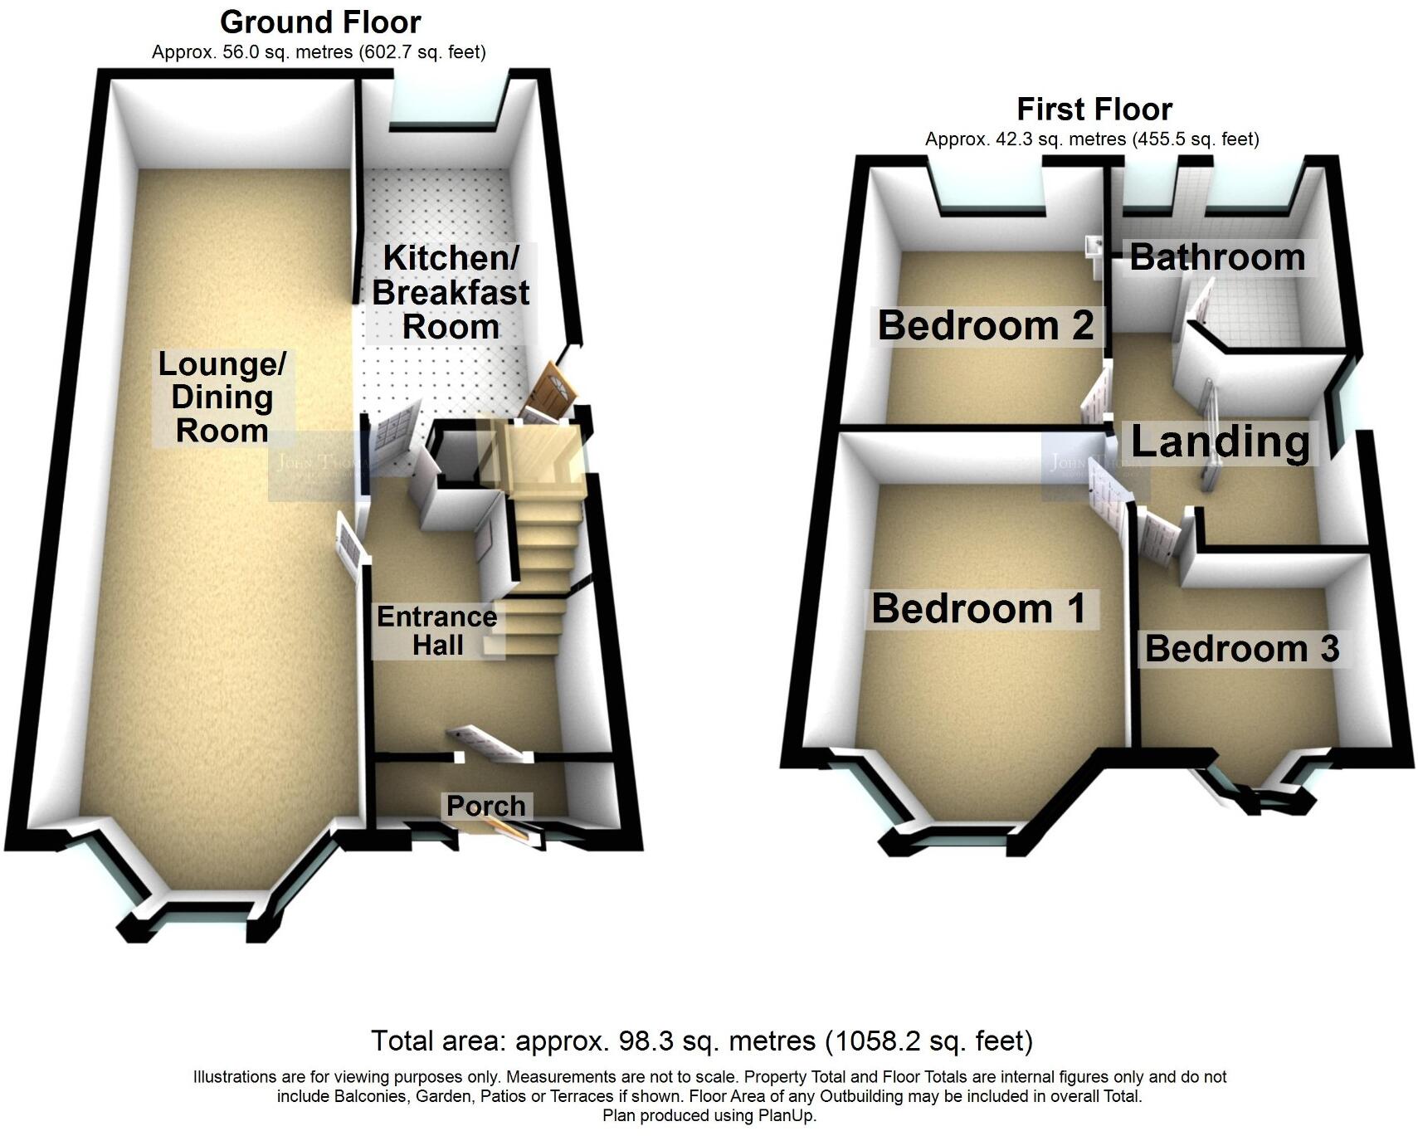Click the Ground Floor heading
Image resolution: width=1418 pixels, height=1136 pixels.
[320, 22]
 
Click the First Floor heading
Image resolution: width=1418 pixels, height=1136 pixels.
[1094, 110]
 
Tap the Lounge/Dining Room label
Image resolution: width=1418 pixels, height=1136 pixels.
[222, 397]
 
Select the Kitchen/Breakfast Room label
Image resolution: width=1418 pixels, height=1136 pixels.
[451, 292]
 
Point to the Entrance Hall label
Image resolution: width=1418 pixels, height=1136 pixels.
[437, 631]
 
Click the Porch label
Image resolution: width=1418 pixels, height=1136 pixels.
[485, 806]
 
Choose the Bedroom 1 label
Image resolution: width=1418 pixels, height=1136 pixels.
[978, 609]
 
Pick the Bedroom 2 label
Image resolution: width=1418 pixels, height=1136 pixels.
[986, 325]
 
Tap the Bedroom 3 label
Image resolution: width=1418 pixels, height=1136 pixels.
[1241, 649]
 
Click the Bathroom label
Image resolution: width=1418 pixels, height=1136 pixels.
[1217, 257]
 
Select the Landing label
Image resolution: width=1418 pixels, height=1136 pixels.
[1220, 441]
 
